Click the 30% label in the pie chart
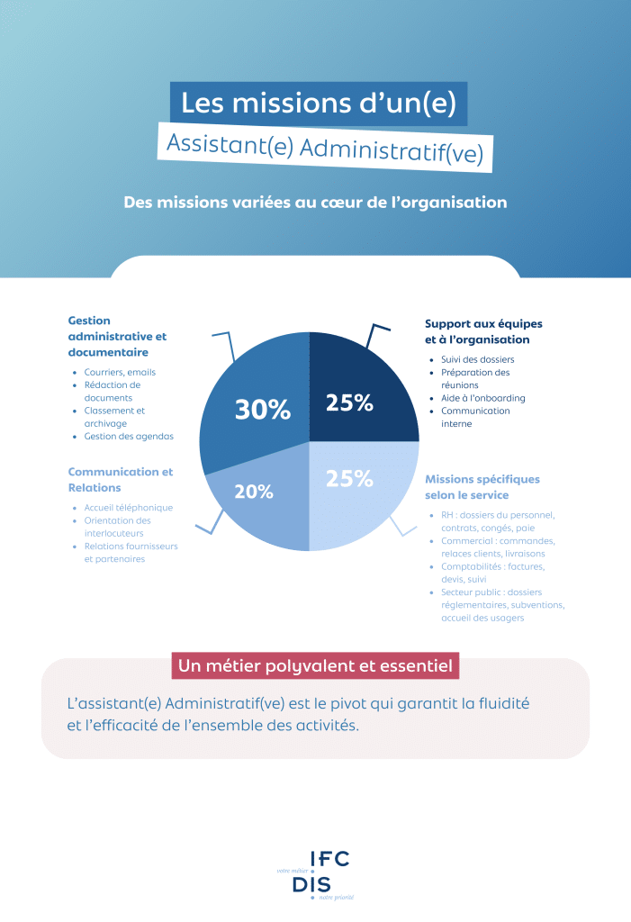click(x=263, y=410)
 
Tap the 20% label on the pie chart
click(x=254, y=492)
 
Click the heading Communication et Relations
click(x=121, y=480)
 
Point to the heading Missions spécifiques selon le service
click(x=482, y=487)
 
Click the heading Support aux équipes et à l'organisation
click(x=483, y=331)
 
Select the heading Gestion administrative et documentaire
click(x=118, y=337)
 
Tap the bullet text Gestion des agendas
click(x=129, y=437)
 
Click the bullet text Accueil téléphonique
click(x=128, y=508)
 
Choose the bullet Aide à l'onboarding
click(x=483, y=398)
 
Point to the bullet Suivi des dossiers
click(x=477, y=359)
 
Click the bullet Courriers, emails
click(x=120, y=372)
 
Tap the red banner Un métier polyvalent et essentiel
click(x=315, y=665)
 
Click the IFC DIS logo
click(x=316, y=875)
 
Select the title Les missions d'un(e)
click(x=319, y=104)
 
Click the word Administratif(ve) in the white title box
click(x=391, y=150)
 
